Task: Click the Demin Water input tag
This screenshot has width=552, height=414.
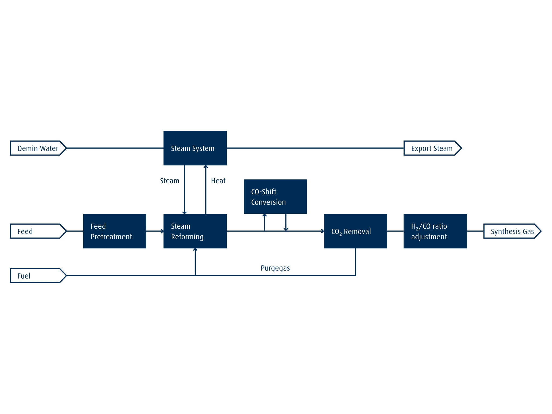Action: [x=38, y=148]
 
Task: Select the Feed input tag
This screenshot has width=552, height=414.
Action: [x=38, y=231]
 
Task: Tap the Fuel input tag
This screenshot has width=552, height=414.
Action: [x=38, y=276]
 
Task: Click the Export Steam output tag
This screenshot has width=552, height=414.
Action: [x=432, y=148]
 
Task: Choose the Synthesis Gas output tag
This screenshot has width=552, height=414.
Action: [x=512, y=231]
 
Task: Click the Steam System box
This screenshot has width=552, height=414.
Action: [x=195, y=148]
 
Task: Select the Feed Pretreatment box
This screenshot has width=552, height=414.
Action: [x=115, y=231]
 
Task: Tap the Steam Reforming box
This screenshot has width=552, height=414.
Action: [x=195, y=231]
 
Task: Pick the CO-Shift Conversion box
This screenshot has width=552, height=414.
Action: [x=275, y=196]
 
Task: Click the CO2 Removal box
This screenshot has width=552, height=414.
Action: [x=355, y=231]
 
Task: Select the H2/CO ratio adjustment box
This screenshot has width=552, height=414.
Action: [x=435, y=231]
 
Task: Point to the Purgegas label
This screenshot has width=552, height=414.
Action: [x=275, y=268]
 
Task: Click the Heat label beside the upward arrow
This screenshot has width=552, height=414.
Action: [x=218, y=181]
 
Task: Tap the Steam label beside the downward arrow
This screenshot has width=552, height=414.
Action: [x=170, y=181]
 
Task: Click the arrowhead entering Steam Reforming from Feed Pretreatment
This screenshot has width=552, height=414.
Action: [x=162, y=231]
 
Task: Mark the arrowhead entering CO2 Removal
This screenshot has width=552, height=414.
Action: [x=322, y=231]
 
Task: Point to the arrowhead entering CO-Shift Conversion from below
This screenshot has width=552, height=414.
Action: [x=264, y=215]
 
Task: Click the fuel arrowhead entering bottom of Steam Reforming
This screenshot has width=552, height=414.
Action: [x=195, y=250]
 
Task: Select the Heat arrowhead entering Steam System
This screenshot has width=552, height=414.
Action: [x=206, y=167]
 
